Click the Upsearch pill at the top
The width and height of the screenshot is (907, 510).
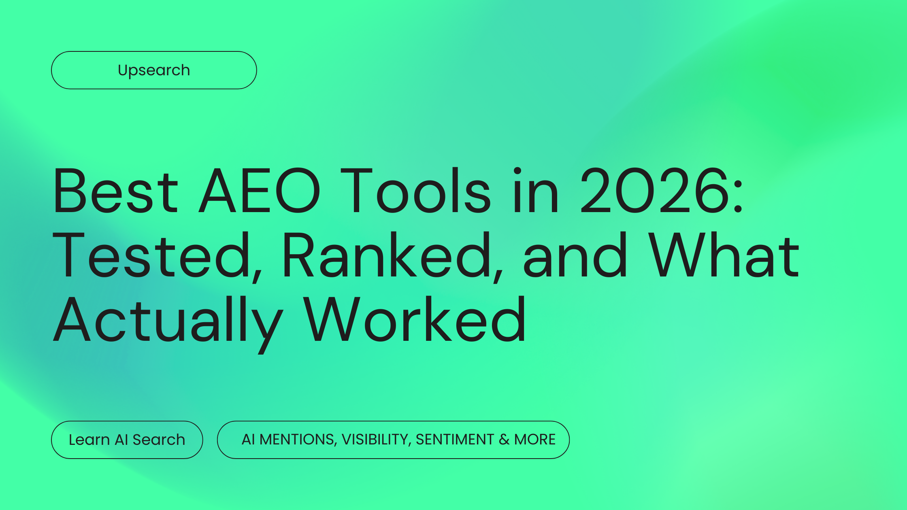point(154,70)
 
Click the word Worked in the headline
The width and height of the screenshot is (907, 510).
point(415,320)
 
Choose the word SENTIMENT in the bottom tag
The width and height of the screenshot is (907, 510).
point(455,440)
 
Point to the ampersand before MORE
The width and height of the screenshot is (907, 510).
point(504,440)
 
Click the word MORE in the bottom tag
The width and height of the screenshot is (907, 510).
point(535,440)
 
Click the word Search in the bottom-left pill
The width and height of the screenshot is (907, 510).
point(159,440)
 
